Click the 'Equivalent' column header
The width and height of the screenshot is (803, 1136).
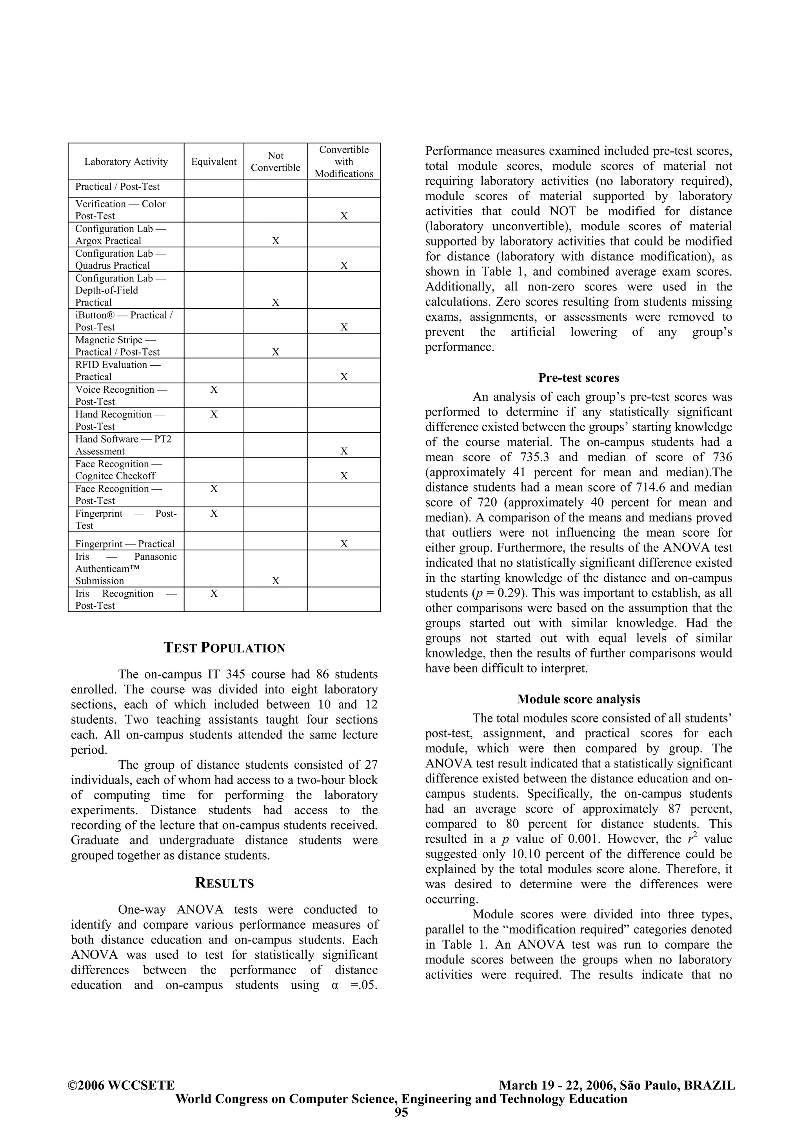(x=214, y=162)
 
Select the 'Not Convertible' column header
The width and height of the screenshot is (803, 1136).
(x=275, y=162)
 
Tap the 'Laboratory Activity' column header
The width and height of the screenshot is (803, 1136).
(x=126, y=162)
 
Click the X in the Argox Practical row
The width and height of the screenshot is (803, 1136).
(x=276, y=241)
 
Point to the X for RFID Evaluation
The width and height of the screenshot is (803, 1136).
(x=344, y=377)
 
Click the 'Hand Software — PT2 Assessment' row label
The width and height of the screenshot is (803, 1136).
(x=123, y=445)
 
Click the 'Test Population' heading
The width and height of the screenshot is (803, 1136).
(x=225, y=648)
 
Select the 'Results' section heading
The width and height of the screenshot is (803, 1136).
(x=225, y=883)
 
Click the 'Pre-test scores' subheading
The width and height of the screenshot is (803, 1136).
(x=578, y=378)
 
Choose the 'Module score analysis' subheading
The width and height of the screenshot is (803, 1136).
(x=578, y=699)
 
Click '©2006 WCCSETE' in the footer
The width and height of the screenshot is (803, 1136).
(x=121, y=1100)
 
